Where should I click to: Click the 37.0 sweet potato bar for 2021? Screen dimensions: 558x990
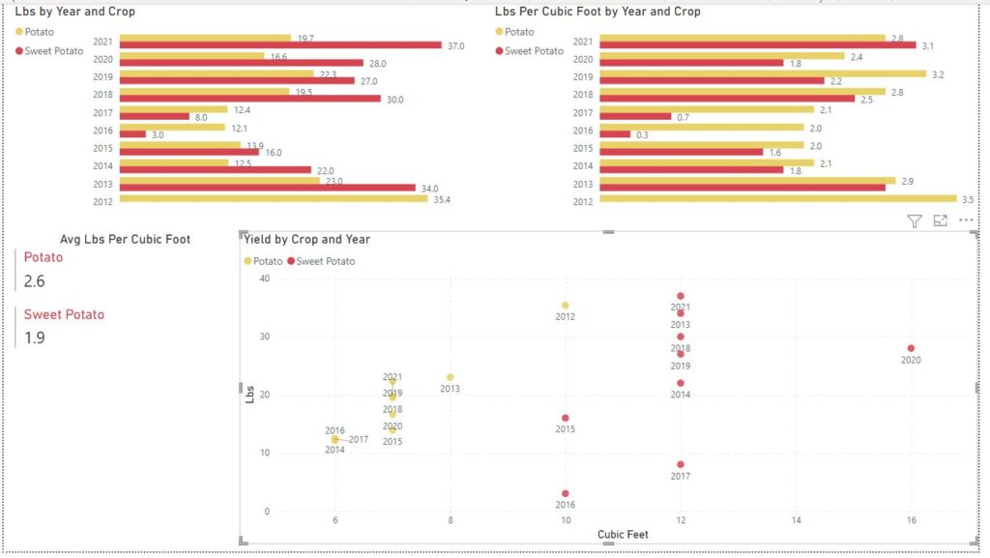tap(280, 45)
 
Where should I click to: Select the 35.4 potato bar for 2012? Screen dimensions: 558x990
tap(273, 199)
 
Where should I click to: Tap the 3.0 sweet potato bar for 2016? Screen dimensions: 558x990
tap(132, 134)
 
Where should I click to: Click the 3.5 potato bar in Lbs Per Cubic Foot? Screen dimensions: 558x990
tap(777, 199)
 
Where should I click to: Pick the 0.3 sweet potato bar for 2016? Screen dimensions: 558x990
tap(615, 134)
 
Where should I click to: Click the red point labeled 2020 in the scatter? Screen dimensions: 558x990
tap(911, 348)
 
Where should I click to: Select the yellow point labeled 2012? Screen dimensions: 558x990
tap(566, 306)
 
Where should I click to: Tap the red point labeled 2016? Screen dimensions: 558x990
tap(566, 494)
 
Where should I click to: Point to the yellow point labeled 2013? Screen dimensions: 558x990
tap(450, 377)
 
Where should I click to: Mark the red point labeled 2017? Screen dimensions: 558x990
tap(681, 465)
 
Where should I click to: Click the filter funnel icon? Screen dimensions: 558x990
tap(915, 221)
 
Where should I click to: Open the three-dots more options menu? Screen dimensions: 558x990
tap(966, 220)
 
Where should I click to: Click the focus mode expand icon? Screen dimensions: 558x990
tap(940, 221)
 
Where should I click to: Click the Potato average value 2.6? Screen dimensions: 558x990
tap(35, 281)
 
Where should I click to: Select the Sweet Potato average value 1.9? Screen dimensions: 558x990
tap(35, 338)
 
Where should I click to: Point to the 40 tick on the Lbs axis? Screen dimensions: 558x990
tap(264, 279)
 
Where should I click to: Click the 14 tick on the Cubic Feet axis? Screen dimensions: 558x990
tap(796, 520)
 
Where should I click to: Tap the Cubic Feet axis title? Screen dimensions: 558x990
tap(623, 535)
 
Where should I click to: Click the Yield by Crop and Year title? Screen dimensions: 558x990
tap(306, 239)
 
